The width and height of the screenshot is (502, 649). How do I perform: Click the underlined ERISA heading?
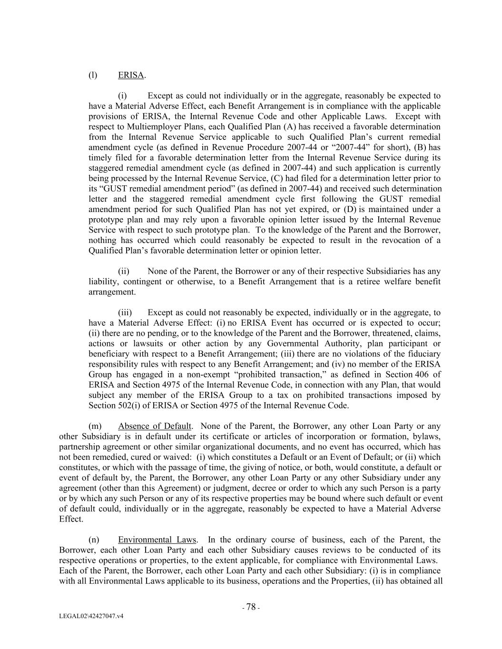click(131, 75)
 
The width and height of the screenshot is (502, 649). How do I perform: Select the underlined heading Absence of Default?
click(155, 426)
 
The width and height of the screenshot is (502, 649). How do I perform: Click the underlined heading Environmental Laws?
click(157, 540)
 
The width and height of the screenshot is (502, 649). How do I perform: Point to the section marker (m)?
click(95, 426)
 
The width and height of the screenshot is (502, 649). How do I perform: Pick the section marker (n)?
click(94, 540)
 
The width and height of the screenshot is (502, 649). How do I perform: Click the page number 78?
click(251, 607)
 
